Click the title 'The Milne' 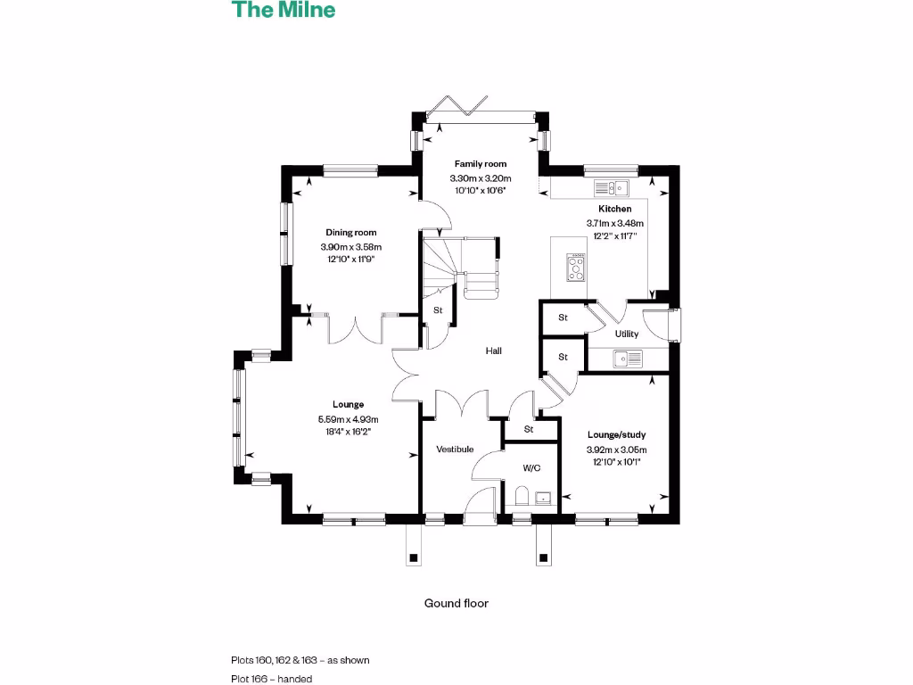[x=284, y=11]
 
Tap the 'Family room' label [x=481, y=164]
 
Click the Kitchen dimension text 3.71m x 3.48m [x=614, y=223]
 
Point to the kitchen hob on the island [x=576, y=267]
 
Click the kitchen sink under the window [x=612, y=187]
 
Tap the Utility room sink [x=628, y=359]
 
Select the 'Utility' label [x=627, y=334]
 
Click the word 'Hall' [x=493, y=351]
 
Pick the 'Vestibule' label [x=454, y=450]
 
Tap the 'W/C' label [x=531, y=468]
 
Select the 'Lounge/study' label [x=616, y=435]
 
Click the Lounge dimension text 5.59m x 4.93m [x=348, y=419]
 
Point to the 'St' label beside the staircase [x=438, y=310]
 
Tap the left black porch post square [x=413, y=558]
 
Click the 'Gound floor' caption [x=456, y=603]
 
